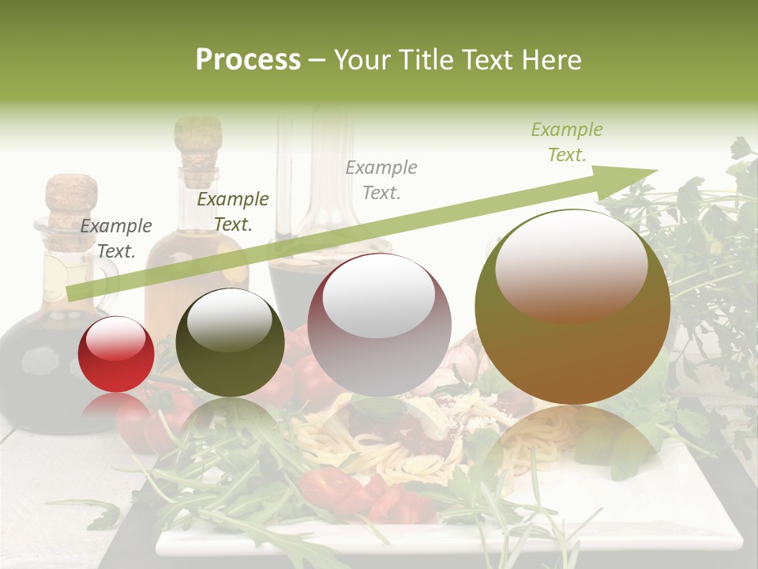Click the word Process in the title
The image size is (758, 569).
(248, 60)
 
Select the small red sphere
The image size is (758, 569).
(116, 353)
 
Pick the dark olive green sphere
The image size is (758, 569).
(230, 342)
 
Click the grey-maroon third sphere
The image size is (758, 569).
(379, 325)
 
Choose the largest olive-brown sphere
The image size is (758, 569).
(572, 307)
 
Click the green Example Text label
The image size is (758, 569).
(566, 142)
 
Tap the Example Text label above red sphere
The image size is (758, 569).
(116, 239)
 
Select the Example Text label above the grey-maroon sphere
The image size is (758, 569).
(381, 179)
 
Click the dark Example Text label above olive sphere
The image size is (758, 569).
(232, 212)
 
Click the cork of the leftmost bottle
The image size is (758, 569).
(71, 198)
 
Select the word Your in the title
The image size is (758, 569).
(362, 60)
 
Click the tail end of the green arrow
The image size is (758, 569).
(73, 293)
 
